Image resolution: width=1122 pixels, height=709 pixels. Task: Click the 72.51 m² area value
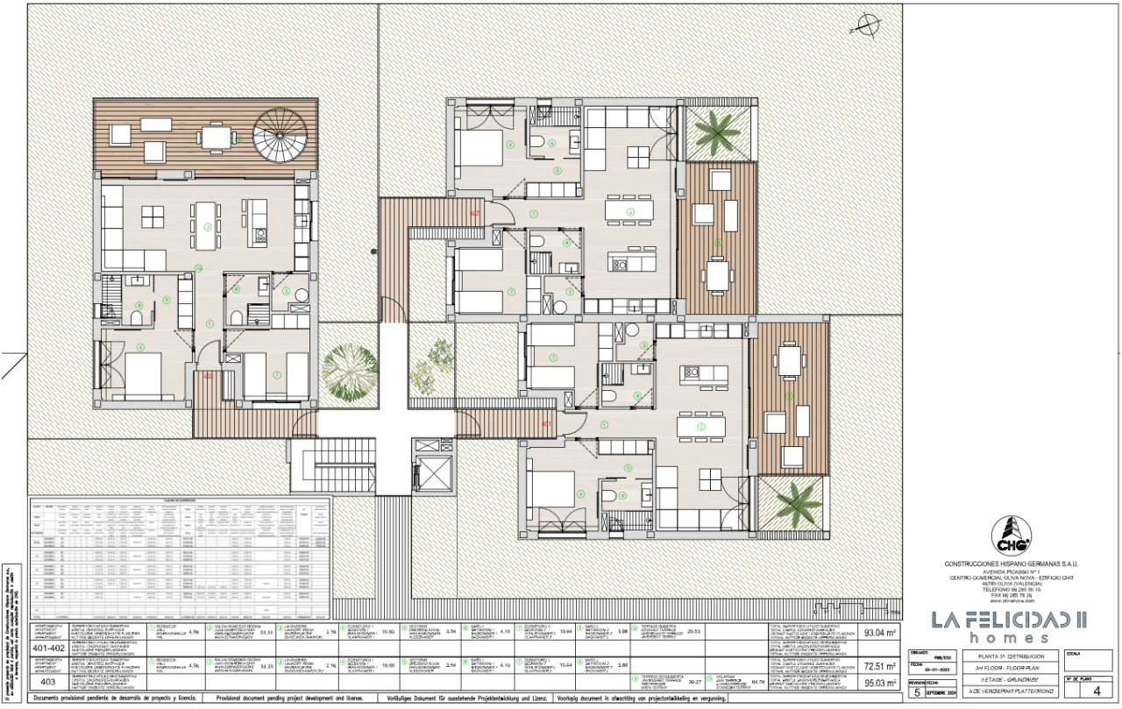pos(879,665)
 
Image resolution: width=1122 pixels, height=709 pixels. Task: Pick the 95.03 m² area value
pos(879,683)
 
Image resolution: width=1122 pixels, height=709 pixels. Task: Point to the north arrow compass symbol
pos(870,25)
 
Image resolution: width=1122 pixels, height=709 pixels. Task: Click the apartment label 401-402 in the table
pos(49,649)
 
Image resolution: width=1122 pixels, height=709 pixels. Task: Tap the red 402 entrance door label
pos(475,213)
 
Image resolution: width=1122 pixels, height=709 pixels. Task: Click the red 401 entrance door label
pos(546,425)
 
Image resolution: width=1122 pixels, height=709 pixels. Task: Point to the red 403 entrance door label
pos(209,376)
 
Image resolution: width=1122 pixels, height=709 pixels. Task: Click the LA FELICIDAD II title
pos(1008,620)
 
